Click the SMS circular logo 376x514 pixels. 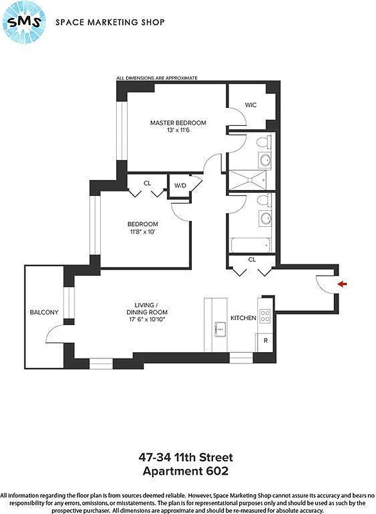pyautogui.click(x=24, y=22)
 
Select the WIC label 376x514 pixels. pyautogui.click(x=251, y=105)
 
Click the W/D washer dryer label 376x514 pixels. pyautogui.click(x=179, y=186)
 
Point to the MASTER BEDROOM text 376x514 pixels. pyautogui.click(x=178, y=123)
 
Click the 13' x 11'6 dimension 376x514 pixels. pyautogui.click(x=178, y=130)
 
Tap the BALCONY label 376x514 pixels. pyautogui.click(x=44, y=313)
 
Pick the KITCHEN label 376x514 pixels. pyautogui.click(x=243, y=318)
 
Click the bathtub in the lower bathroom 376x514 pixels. pyautogui.click(x=250, y=245)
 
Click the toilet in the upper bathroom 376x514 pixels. pyautogui.click(x=262, y=142)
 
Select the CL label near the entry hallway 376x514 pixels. pyautogui.click(x=251, y=260)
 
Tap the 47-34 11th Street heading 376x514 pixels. pyautogui.click(x=186, y=457)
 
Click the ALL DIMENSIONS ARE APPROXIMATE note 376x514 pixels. pyautogui.click(x=157, y=78)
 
